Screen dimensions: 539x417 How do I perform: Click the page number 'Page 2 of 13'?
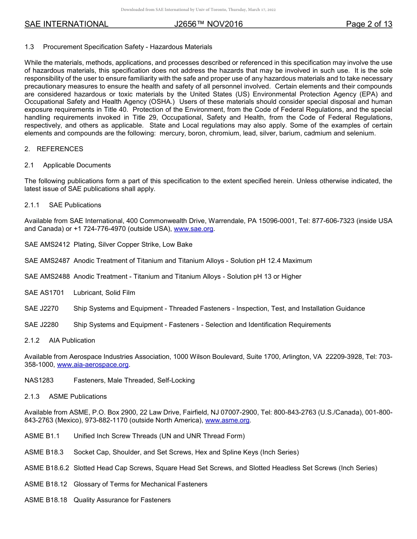369,24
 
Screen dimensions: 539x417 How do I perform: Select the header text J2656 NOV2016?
208,24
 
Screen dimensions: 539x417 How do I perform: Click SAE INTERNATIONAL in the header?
66,24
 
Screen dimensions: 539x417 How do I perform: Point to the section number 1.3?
29,47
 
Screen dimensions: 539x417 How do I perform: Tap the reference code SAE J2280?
41,325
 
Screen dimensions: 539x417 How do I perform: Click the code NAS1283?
39,380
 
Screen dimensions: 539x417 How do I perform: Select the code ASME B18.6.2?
47,468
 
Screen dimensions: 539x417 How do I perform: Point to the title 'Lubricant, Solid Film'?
104,293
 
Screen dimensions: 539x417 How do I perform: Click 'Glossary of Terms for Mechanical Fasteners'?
140,484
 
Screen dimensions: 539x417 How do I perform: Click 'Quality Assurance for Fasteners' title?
122,500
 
